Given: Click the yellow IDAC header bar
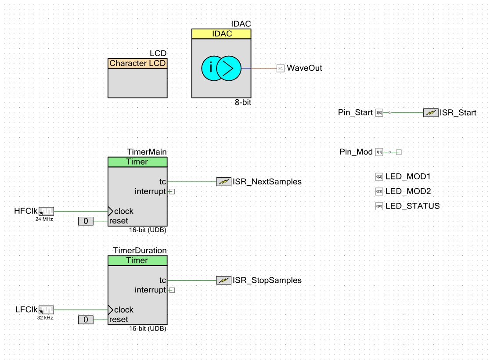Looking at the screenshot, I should coord(221,34).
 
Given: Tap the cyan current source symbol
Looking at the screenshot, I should coord(221,68).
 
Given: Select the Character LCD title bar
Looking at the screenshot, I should coord(137,64).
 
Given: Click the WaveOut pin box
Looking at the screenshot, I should coord(281,68).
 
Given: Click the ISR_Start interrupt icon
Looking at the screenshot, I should coord(431,113).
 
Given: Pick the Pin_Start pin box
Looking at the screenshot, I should coord(379,113).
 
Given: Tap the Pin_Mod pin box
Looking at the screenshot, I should coord(379,152).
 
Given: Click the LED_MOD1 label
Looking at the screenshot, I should coord(408,177).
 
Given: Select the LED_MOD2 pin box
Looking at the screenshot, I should coord(379,191).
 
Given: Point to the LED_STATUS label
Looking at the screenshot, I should coord(412,206).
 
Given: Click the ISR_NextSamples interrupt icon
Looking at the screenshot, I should coord(223,181).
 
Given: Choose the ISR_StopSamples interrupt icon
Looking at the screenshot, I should coord(223,280).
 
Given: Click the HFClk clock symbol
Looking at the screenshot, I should coord(46,211).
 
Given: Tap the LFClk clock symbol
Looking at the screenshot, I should coord(46,310).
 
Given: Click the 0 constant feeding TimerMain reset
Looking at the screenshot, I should coord(86,221).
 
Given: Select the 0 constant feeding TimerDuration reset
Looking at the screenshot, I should coord(86,320).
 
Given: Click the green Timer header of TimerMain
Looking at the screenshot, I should coord(137,162).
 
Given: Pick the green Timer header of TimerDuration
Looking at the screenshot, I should coord(137,260).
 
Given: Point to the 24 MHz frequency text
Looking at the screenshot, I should coord(44,219).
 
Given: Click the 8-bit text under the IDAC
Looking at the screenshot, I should coord(243,102).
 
